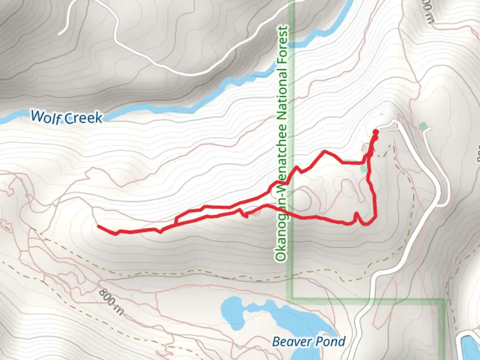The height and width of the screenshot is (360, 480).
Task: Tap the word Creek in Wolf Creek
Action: [x=83, y=118]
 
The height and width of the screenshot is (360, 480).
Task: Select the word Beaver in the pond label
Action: [x=289, y=341]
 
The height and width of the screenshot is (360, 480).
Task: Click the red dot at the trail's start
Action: [x=375, y=131]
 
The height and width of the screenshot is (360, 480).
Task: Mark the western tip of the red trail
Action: [x=98, y=226]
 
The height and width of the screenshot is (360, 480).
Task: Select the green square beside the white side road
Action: [x=424, y=126]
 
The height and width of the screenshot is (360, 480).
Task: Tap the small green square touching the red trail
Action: [x=364, y=169]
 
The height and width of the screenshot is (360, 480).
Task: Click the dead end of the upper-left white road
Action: [x=59, y=34]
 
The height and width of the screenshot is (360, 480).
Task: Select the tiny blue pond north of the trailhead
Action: [x=382, y=115]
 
